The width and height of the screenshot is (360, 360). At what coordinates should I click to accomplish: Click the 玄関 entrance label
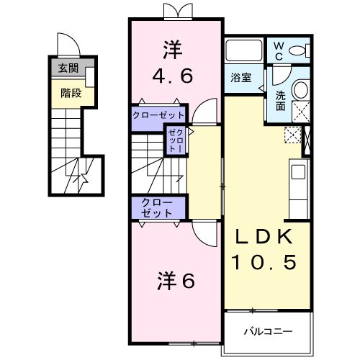[x=68, y=70]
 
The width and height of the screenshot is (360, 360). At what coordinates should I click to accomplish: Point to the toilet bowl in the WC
[x=302, y=50]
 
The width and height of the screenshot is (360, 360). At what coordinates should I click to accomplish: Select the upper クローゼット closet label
[x=158, y=114]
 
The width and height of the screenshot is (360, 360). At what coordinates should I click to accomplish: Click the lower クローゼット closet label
[x=158, y=207]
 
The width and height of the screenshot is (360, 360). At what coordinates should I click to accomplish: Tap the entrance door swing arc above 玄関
[x=68, y=45]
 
